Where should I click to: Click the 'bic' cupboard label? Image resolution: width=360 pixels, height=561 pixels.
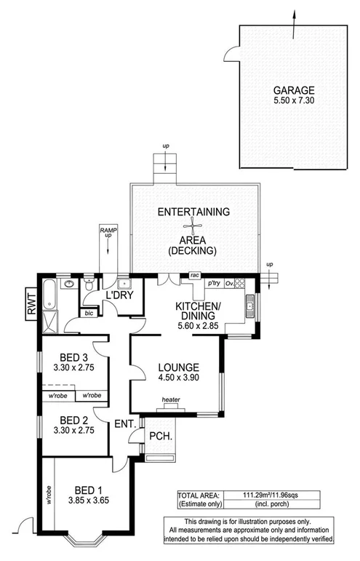point(89,313)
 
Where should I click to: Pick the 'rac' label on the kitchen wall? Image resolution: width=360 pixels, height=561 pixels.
point(194,276)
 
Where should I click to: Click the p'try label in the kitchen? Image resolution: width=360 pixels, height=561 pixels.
point(214,282)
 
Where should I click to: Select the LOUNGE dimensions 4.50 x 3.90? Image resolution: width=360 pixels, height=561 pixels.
point(178,378)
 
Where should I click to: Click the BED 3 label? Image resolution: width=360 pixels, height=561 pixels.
point(75,357)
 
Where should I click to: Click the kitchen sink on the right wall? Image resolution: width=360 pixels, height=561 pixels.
point(249,306)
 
